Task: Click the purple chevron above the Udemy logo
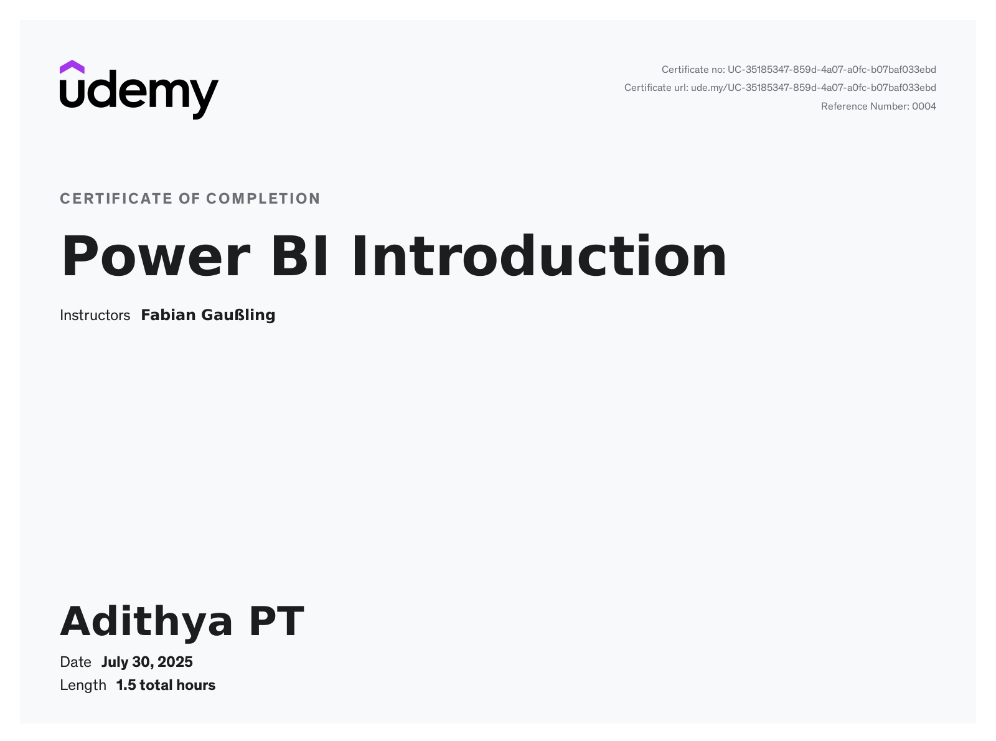pyautogui.click(x=72, y=67)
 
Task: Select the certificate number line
pyautogui.click(x=799, y=70)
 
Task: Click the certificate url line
pyautogui.click(x=780, y=88)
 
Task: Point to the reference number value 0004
pyautogui.click(x=924, y=106)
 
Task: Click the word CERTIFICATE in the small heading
pyautogui.click(x=116, y=199)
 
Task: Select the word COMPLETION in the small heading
pyautogui.click(x=263, y=199)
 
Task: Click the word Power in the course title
pyautogui.click(x=156, y=257)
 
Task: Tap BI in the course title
pyautogui.click(x=301, y=257)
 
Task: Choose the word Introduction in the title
pyautogui.click(x=539, y=257)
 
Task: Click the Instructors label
pyautogui.click(x=95, y=316)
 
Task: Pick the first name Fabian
pyautogui.click(x=168, y=315)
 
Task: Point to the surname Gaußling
pyautogui.click(x=238, y=316)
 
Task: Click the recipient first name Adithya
pyautogui.click(x=146, y=621)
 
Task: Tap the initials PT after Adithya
pyautogui.click(x=276, y=621)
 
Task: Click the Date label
pyautogui.click(x=75, y=662)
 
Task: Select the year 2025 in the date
pyautogui.click(x=175, y=662)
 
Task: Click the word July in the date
pyautogui.click(x=115, y=662)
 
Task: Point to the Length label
pyautogui.click(x=83, y=686)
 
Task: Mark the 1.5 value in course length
pyautogui.click(x=126, y=686)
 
